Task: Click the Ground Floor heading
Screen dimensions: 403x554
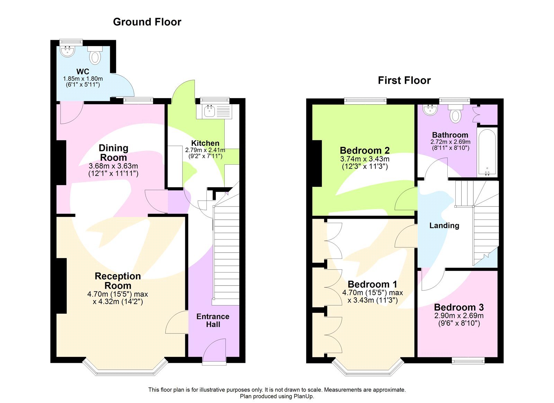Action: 147,22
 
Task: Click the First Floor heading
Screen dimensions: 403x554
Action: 404,80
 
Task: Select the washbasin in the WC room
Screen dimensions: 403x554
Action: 68,52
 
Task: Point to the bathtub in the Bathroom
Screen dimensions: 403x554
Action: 487,152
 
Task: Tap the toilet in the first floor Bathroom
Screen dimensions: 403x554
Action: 456,114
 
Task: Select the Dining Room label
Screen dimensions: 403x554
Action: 114,152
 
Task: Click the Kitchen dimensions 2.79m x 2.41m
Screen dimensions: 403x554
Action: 205,150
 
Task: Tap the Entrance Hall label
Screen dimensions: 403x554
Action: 213,321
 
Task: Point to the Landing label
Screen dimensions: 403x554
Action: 444,226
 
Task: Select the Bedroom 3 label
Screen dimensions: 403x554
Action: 459,307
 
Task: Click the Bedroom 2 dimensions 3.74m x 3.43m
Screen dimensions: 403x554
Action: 365,159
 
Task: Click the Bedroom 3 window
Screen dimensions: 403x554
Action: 468,361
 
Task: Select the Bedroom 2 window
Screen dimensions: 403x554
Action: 365,100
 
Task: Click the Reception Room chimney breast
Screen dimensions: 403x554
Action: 61,286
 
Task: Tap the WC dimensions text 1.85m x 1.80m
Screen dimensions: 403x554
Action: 83,79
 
